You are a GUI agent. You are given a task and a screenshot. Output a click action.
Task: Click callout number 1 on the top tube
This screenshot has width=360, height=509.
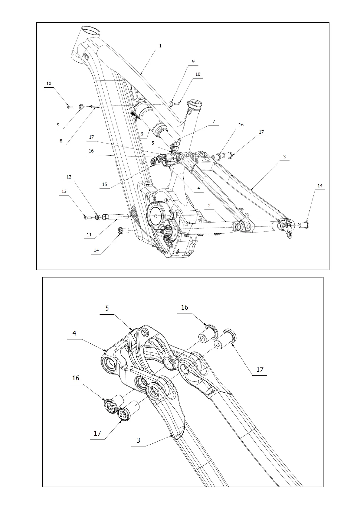click(x=160, y=46)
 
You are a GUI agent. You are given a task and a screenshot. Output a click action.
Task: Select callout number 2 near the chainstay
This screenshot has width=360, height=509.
click(x=209, y=206)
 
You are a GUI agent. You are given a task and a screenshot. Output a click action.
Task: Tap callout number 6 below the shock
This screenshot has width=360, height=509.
click(x=142, y=134)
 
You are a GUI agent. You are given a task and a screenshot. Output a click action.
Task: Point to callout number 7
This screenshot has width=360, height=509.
click(x=214, y=122)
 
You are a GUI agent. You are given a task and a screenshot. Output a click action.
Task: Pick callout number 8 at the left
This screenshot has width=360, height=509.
click(x=61, y=141)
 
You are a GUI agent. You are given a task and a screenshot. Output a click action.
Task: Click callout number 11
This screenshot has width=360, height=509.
click(x=89, y=235)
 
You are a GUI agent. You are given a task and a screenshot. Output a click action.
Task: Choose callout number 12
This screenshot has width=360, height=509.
click(x=69, y=177)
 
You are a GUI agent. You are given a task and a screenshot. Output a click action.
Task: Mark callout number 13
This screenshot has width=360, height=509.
click(x=64, y=191)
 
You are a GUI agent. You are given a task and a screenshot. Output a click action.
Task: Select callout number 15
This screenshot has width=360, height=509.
click(x=104, y=184)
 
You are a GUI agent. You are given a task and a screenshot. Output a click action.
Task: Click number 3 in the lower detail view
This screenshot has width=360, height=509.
click(x=138, y=440)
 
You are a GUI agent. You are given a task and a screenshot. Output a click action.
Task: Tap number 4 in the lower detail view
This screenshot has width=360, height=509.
click(x=74, y=333)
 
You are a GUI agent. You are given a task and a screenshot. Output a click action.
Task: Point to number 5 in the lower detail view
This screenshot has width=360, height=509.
click(x=107, y=308)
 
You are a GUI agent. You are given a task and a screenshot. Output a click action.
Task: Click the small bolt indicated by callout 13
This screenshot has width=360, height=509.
click(x=86, y=217)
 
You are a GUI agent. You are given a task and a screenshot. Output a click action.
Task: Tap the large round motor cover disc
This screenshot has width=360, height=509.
click(x=156, y=216)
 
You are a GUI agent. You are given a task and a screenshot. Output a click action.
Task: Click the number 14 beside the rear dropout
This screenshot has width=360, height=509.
click(x=320, y=186)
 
